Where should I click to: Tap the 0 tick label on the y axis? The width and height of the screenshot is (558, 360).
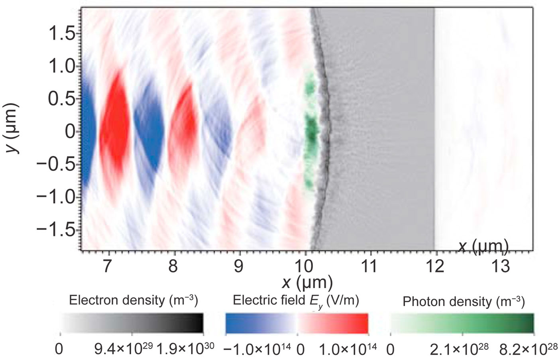(71, 132)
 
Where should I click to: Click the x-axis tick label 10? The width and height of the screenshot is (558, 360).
(305, 266)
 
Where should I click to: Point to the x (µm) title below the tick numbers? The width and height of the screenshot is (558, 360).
(307, 283)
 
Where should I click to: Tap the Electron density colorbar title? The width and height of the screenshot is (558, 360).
(133, 300)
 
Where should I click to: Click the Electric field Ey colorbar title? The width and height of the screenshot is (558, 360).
(296, 301)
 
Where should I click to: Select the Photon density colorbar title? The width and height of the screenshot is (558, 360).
(463, 301)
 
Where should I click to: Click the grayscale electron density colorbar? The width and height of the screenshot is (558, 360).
(132, 323)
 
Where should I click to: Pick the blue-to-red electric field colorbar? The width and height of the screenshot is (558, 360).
(297, 323)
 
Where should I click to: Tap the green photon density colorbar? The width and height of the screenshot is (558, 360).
(462, 323)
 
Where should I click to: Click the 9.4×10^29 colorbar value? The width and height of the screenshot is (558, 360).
(124, 349)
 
